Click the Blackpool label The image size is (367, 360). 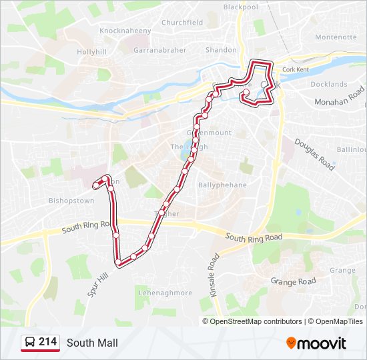click(240, 7)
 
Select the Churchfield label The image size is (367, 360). click(182, 22)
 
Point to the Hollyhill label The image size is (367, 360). click(92, 51)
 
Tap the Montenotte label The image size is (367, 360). click(336, 37)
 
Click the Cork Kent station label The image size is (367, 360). click(296, 69)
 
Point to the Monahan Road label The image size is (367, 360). click(339, 97)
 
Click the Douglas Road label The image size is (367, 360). click(314, 155)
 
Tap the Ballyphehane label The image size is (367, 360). click(222, 185)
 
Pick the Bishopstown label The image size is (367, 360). click(71, 200)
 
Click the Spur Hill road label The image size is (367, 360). click(97, 285)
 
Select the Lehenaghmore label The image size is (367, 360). click(165, 293)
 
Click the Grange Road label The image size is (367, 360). click(293, 281)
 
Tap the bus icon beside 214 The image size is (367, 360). click(30, 343)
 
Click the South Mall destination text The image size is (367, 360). click(92, 343)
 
